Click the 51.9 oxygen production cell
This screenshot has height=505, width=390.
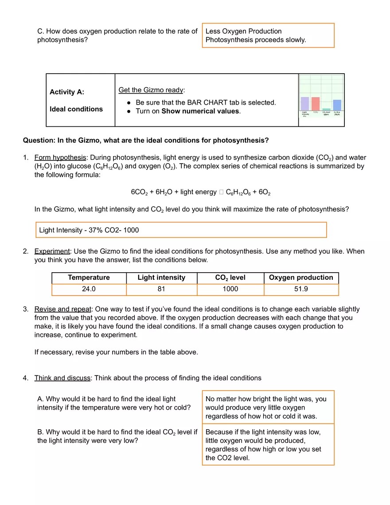(301, 290)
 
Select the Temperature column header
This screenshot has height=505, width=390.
(89, 278)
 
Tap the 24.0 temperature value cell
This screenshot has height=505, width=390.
(89, 290)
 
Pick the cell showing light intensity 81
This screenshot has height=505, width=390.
(161, 290)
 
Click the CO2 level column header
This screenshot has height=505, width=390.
(230, 278)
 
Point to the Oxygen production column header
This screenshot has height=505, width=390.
(301, 278)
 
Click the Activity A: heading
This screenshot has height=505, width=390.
(67, 92)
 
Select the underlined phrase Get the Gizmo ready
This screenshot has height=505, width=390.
(151, 90)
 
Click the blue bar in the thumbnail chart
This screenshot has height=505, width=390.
(337, 105)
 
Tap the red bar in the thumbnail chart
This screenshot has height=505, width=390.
(316, 103)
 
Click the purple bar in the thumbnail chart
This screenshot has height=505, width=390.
(305, 103)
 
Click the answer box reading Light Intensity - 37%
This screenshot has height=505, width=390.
(180, 230)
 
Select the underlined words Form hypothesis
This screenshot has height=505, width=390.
(60, 158)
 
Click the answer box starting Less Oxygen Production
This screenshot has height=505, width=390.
(268, 35)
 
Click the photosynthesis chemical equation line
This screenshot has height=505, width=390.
(201, 192)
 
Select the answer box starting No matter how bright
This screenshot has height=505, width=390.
(268, 407)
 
